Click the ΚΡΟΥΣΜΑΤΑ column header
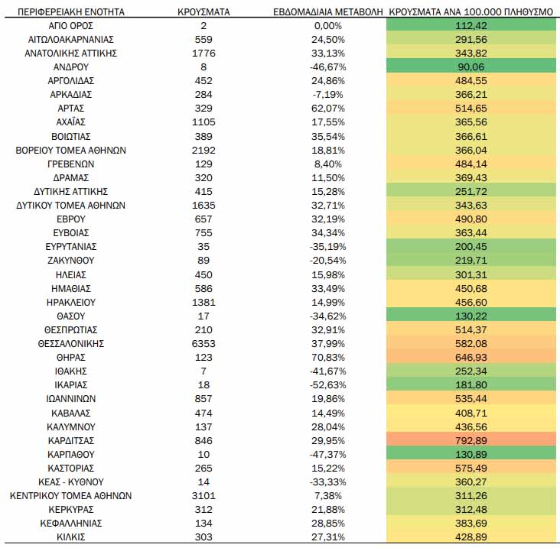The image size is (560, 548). pos(203,12)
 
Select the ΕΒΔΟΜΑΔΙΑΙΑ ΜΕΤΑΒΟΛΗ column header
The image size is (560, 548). pos(328,12)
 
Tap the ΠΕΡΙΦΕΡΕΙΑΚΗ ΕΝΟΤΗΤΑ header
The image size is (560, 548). pos(71,12)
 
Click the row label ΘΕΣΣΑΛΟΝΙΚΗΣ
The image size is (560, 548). pos(71,344)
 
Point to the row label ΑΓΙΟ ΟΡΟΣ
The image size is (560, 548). pos(71,26)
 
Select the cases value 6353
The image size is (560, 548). pos(203,344)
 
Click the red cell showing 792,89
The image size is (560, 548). pos(471,440)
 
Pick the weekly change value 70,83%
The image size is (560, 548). pos(328,358)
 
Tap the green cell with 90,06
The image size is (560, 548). pos(471,67)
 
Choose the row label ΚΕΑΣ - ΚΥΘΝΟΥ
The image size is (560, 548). pos(71,482)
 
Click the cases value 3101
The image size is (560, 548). pos(203,496)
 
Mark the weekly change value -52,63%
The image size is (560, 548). pos(328,385)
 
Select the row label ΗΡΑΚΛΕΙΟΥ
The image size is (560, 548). pos(71,303)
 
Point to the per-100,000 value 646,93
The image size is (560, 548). pos(471,358)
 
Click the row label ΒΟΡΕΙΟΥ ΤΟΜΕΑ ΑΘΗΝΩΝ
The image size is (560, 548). pos(71,151)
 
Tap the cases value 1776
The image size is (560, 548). pos(203,54)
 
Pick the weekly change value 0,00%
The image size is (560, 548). pos(328,26)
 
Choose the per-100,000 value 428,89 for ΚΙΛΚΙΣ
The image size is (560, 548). pos(471,537)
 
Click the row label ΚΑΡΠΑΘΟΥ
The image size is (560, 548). pos(71,455)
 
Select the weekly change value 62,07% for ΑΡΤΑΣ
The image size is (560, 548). pos(328,109)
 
